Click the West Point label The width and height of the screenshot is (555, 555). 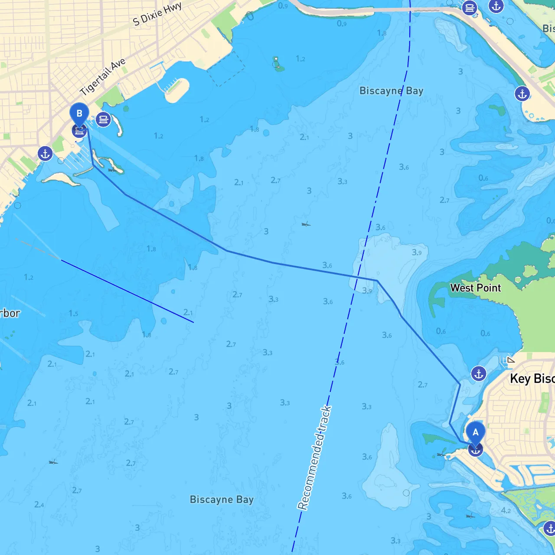(475, 288)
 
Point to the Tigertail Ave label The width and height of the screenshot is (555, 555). (103, 76)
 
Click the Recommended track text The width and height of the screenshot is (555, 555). (314, 457)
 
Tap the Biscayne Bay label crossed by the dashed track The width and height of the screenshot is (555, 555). (391, 91)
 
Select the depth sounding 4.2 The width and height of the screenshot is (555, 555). (506, 510)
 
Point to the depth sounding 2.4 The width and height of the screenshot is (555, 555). (39, 505)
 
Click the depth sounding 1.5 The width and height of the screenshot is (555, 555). (73, 313)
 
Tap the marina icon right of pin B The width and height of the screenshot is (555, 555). (103, 119)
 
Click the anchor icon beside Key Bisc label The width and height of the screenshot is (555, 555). (478, 373)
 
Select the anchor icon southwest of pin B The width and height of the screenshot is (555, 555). (45, 153)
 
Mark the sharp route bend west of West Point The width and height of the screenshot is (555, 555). (377, 281)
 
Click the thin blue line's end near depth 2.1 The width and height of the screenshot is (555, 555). (193, 322)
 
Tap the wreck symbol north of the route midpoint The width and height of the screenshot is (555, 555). (306, 224)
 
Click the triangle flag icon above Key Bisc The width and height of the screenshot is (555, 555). (511, 359)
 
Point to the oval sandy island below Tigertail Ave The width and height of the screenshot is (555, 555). (177, 90)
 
